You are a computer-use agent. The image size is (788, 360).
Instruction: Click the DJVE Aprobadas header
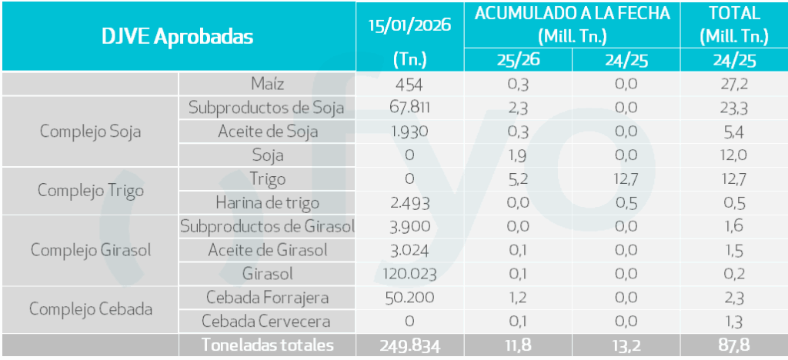(x=178, y=36)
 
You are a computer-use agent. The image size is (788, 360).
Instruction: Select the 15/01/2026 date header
(x=409, y=25)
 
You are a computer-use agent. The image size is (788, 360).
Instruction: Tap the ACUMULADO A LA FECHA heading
(x=572, y=14)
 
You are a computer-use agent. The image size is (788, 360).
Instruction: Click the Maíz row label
(x=267, y=84)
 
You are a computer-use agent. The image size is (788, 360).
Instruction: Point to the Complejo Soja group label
(x=90, y=132)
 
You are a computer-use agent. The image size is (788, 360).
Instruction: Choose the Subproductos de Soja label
(x=267, y=108)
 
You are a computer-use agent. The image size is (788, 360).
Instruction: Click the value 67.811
(x=409, y=108)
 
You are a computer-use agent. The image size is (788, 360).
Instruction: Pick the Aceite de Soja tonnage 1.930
(x=409, y=132)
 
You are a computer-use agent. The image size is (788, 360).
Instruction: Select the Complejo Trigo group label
(x=90, y=191)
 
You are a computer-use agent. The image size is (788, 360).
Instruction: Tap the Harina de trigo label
(x=267, y=203)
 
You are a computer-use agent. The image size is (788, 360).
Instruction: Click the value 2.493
(x=409, y=203)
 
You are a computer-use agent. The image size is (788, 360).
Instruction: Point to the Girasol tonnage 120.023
(x=409, y=274)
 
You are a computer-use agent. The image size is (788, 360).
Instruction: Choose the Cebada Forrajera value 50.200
(x=409, y=298)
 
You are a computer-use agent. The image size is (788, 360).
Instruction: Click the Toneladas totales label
(x=267, y=345)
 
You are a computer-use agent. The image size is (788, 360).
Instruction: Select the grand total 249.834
(x=409, y=345)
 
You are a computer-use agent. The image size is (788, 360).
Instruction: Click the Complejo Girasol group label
(x=90, y=250)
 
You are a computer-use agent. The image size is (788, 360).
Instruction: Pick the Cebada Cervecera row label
(x=267, y=322)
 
